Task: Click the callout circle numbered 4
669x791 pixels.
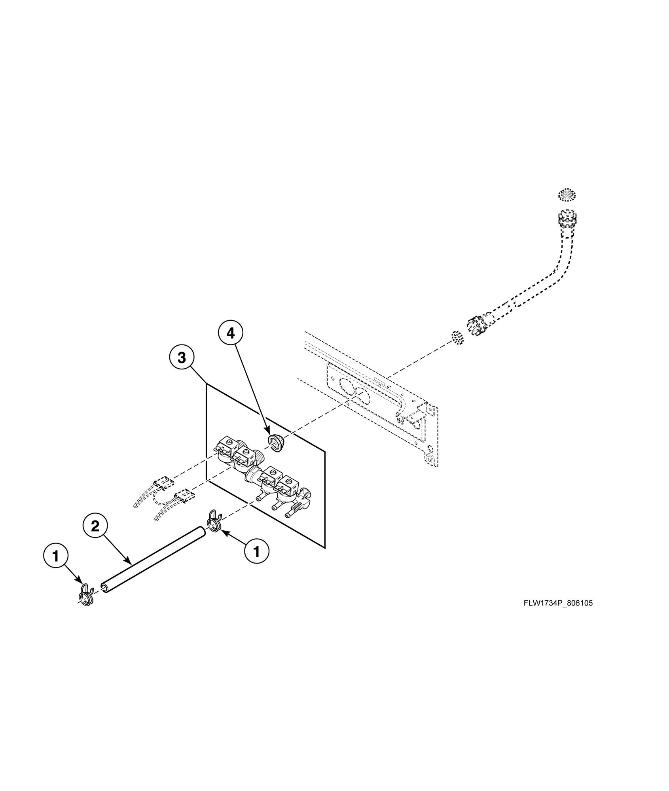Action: (230, 334)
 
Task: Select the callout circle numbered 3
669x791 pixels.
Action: (181, 358)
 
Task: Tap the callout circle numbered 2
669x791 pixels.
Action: (95, 526)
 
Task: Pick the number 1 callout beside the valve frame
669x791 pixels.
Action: (256, 551)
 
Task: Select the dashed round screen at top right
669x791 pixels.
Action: (567, 195)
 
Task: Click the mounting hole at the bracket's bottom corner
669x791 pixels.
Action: (430, 459)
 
